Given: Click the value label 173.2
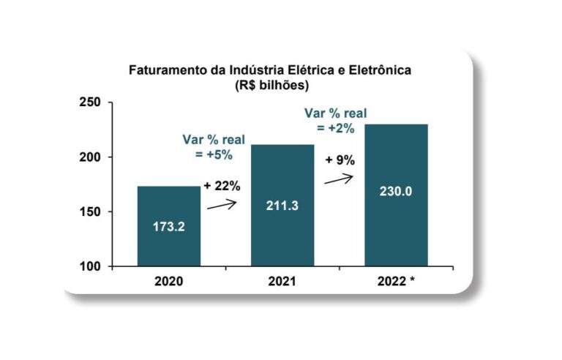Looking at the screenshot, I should (x=169, y=226).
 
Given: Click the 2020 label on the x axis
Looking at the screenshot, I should (x=169, y=280).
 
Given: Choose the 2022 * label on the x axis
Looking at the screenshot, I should (x=400, y=280).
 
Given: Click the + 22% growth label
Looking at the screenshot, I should (x=222, y=186).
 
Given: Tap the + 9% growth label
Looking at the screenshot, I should (x=340, y=159).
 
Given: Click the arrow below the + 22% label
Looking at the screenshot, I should (x=222, y=206).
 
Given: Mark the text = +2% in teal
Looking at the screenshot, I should (x=335, y=128).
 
